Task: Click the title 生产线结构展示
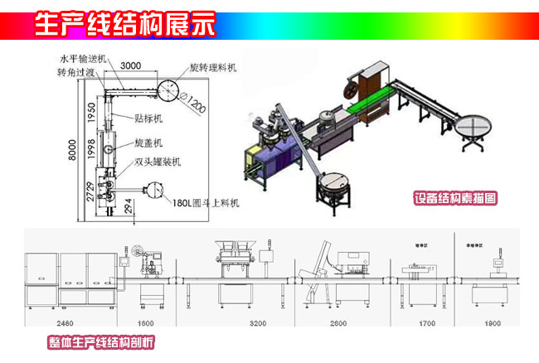(124, 24)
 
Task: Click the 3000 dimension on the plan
(129, 65)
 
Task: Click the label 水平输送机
(80, 60)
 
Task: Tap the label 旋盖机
(152, 143)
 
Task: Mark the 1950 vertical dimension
(93, 107)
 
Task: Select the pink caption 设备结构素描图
(456, 199)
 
